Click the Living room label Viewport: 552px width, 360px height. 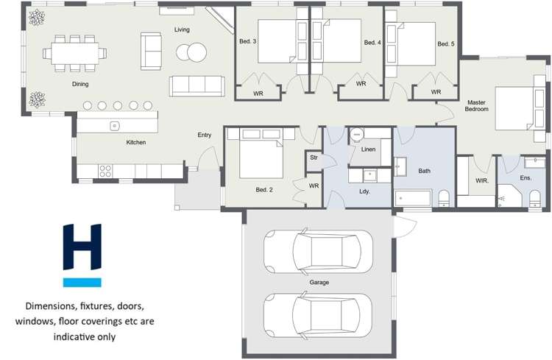tap(182, 29)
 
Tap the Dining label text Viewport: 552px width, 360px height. tap(80, 85)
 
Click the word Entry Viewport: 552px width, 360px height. tap(205, 135)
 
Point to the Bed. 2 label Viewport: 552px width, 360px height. tap(264, 190)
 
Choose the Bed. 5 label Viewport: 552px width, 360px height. tap(446, 44)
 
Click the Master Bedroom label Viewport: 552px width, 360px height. tap(477, 105)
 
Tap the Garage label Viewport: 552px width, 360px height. tap(319, 282)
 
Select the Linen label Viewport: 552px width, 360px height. tap(369, 149)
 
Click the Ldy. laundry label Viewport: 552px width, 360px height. tap(364, 191)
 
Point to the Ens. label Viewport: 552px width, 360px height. tap(526, 178)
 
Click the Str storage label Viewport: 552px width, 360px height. tap(314, 157)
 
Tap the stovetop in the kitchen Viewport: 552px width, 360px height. tap(105, 170)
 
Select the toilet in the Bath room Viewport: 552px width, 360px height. tap(443, 197)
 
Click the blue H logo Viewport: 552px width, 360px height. tap(82, 255)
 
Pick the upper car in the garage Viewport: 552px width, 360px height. tap(313, 250)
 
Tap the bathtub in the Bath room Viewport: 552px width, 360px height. tap(412, 198)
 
